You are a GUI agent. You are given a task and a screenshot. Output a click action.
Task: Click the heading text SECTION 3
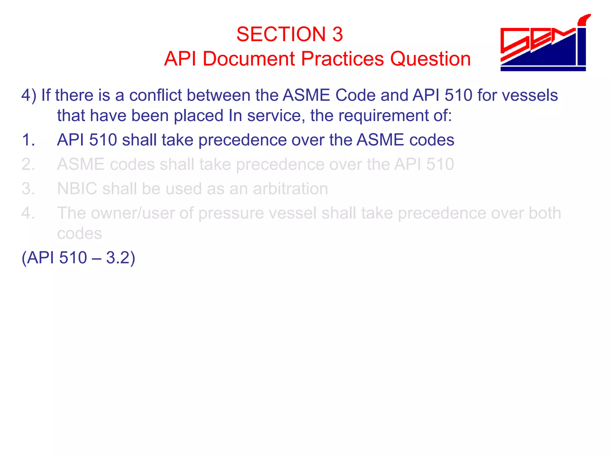click(290, 34)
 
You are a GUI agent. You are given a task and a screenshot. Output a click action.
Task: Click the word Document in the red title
click(249, 59)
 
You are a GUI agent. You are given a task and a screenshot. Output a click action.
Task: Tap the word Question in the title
click(430, 59)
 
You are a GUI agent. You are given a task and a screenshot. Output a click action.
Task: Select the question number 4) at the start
click(29, 96)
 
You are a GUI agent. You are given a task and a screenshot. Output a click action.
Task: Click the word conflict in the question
click(155, 96)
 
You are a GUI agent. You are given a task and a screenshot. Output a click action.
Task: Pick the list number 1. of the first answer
click(29, 140)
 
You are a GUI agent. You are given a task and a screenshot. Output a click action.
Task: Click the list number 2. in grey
click(29, 165)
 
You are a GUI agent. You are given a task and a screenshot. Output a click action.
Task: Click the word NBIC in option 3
click(77, 189)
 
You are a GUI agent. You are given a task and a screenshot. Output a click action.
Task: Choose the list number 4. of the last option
click(29, 213)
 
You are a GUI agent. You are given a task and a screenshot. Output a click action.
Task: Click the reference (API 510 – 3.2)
click(78, 258)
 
